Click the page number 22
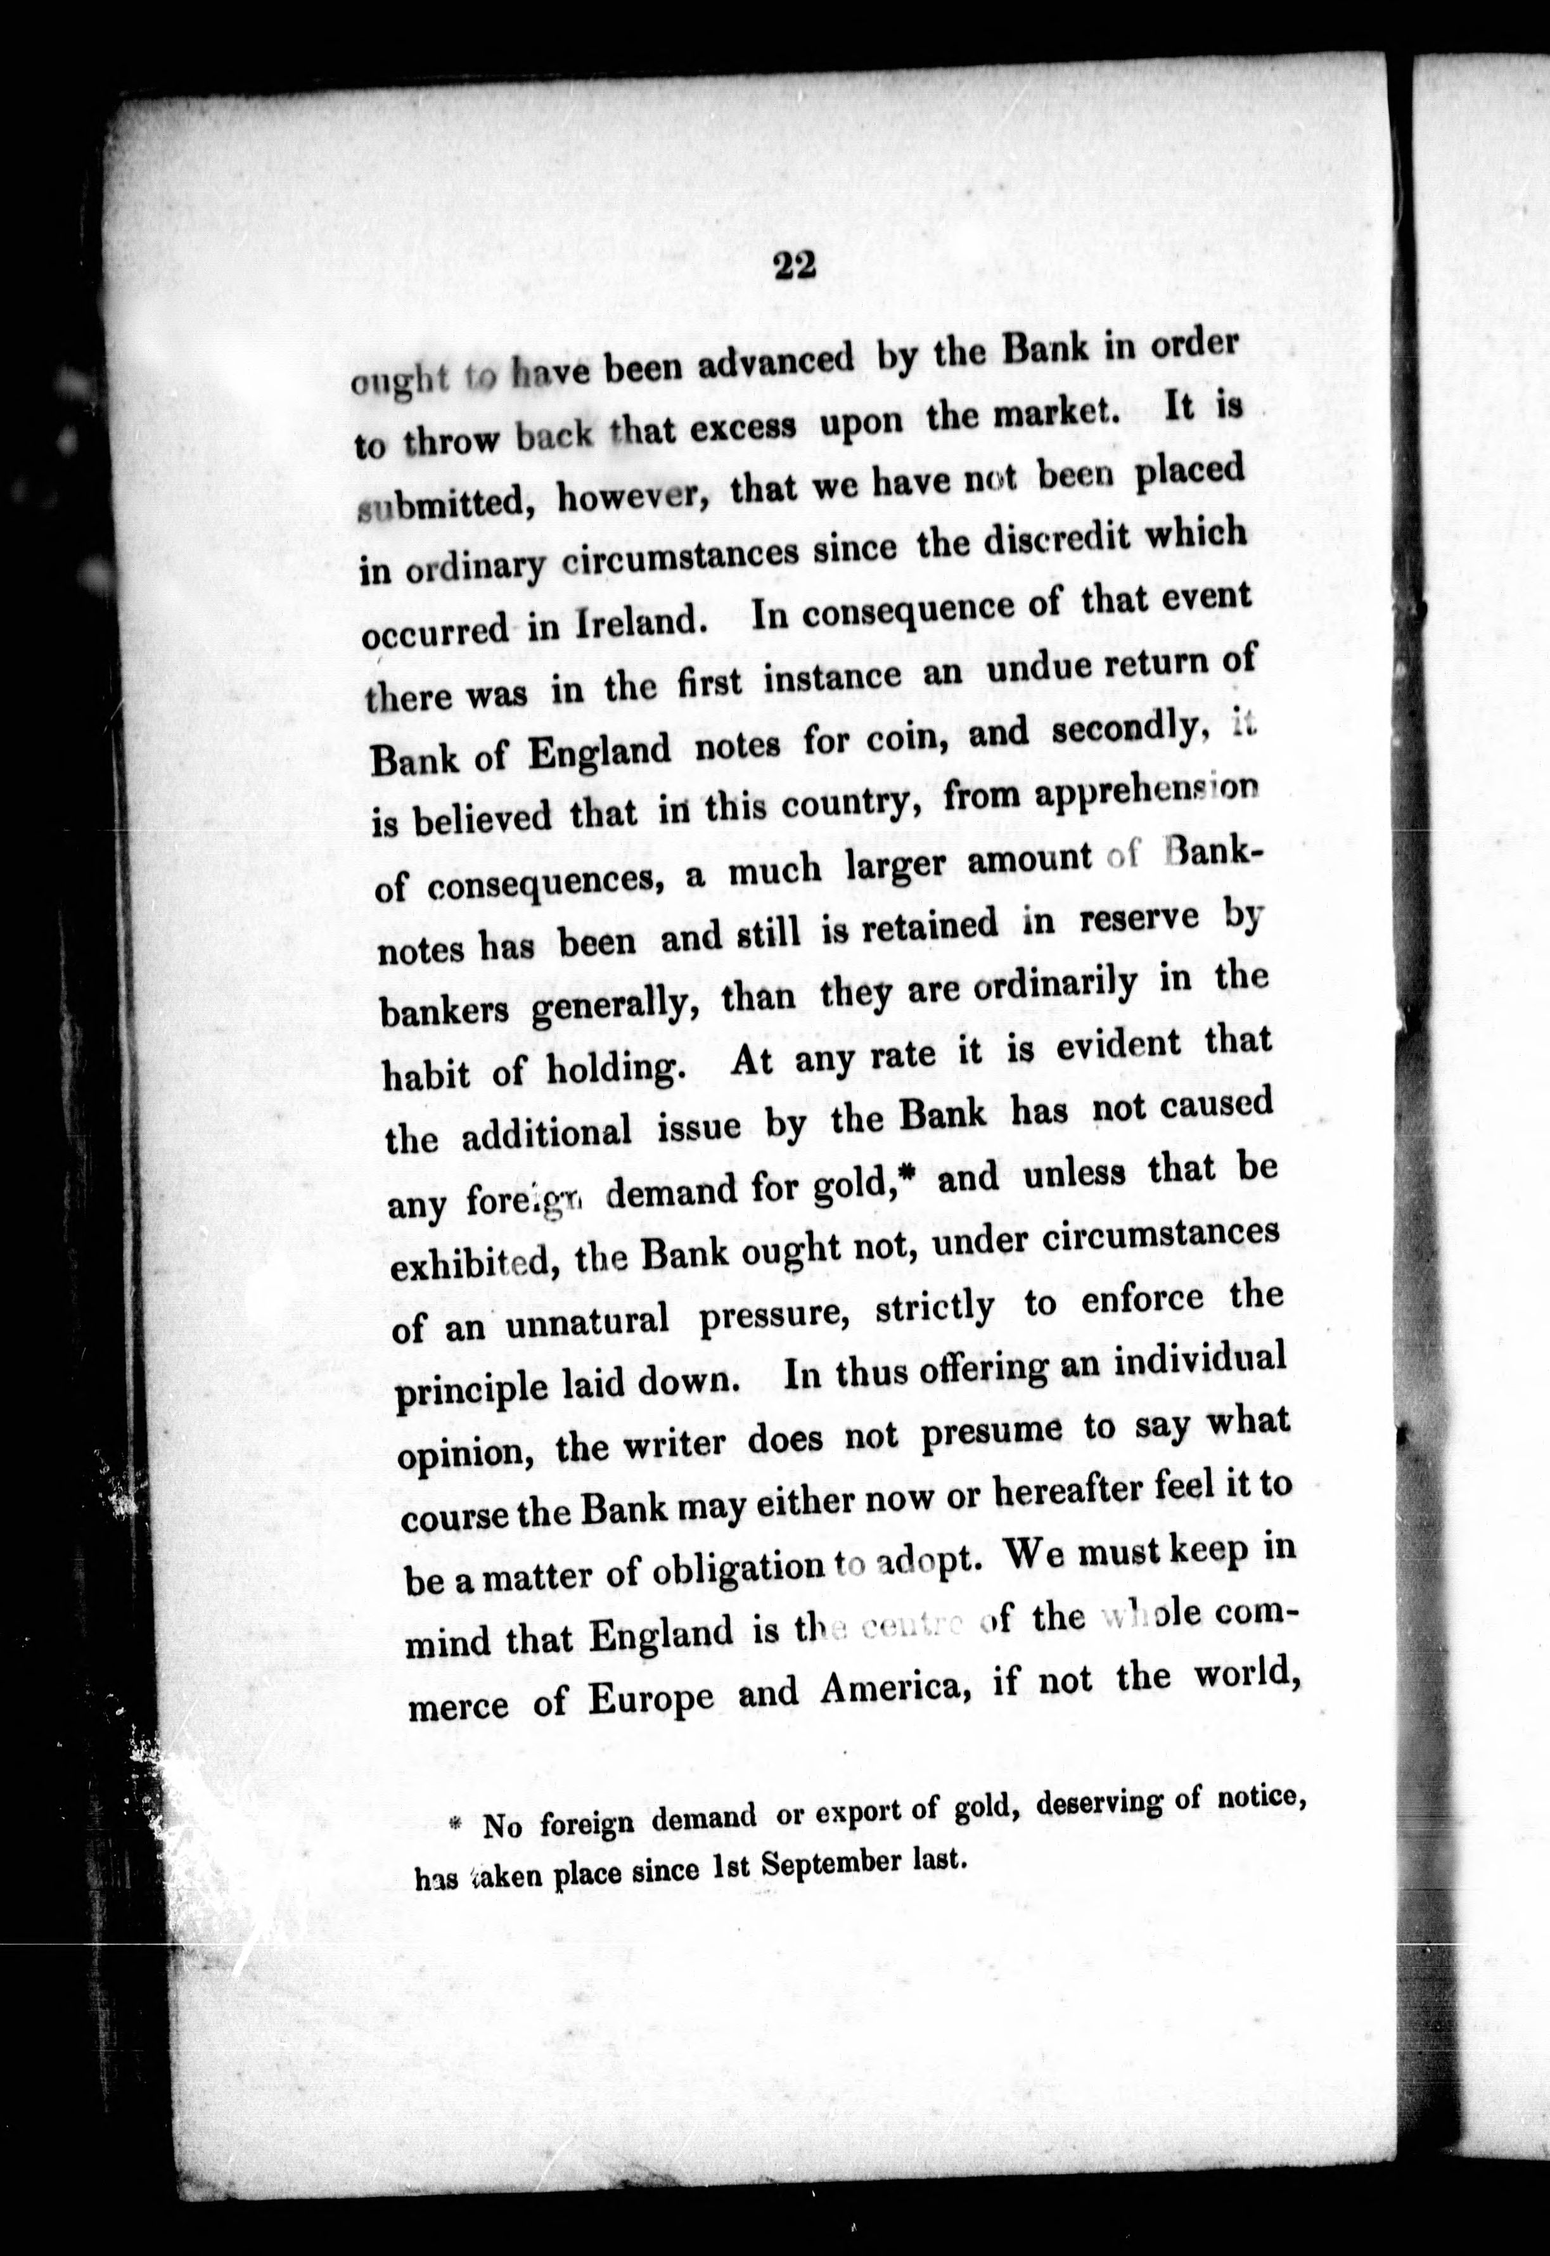[x=795, y=266]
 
